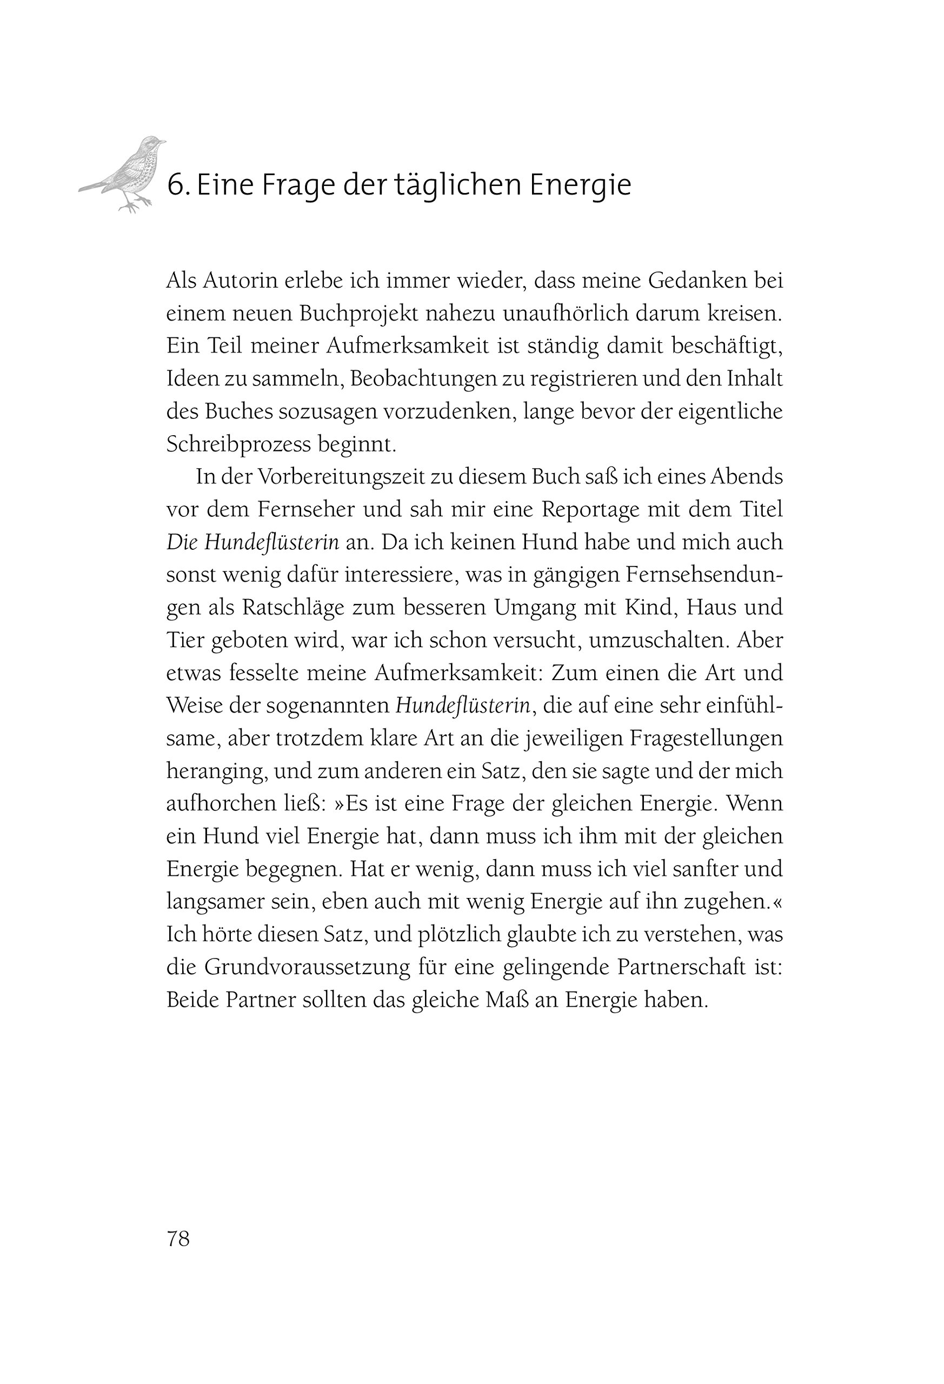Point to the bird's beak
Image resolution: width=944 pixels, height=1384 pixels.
[162, 142]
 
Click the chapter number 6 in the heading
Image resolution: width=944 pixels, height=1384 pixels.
[174, 185]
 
